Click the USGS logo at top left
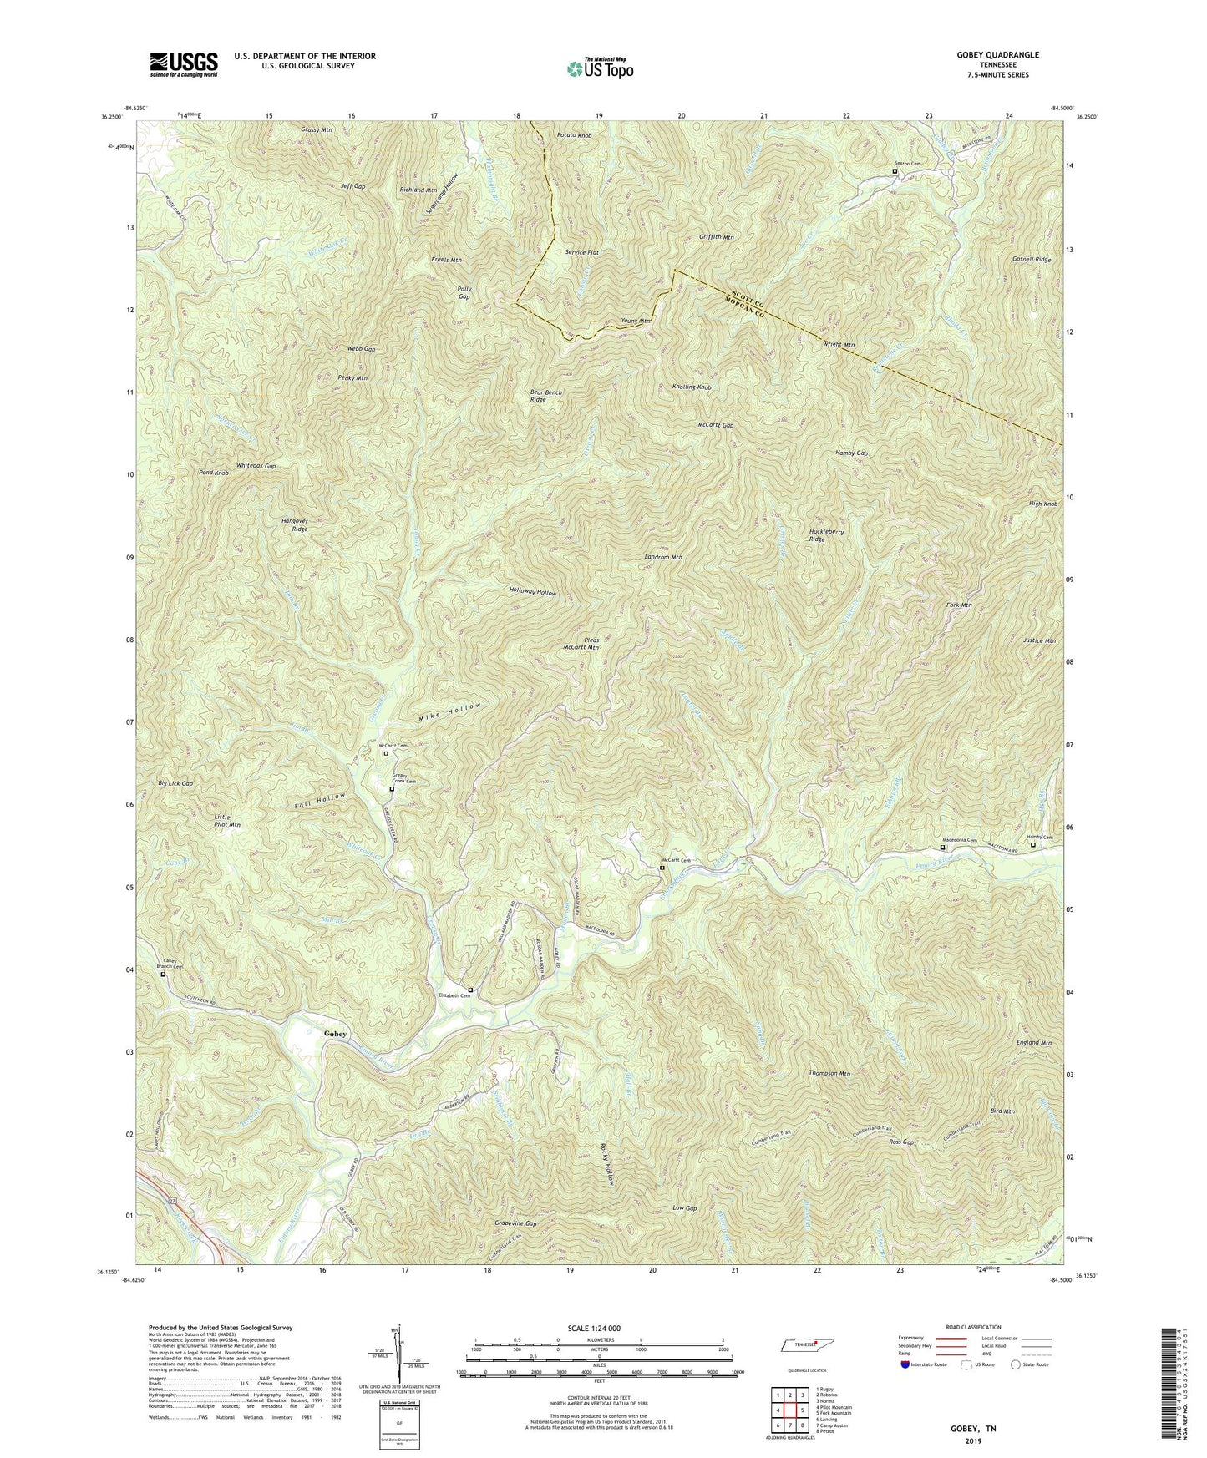coord(183,64)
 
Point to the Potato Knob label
coord(574,134)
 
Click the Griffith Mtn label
coord(716,237)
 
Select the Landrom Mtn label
coord(664,557)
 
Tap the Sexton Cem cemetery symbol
coord(895,172)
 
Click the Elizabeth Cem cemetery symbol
coord(470,990)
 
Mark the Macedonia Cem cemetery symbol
coord(943,848)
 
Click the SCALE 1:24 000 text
coord(579,1328)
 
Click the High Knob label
coord(1044,504)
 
